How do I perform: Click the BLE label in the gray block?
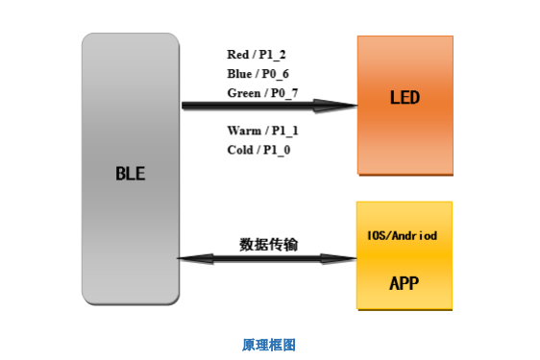[x=130, y=174]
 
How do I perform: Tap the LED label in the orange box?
[x=405, y=98]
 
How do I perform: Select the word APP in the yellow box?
[x=405, y=283]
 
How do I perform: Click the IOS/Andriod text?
[x=404, y=235]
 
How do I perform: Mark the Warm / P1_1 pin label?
[x=262, y=130]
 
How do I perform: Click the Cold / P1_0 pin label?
[x=258, y=150]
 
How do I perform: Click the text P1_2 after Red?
[x=275, y=55]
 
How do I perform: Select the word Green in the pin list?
[x=243, y=93]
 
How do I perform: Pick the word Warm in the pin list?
[x=242, y=130]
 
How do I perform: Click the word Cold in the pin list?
[x=240, y=150]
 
